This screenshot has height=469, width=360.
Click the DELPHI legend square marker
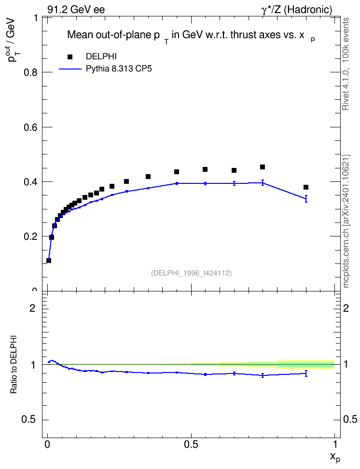coord(70,57)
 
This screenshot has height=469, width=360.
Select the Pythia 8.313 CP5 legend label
coord(119,69)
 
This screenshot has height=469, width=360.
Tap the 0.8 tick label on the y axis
coord(30,72)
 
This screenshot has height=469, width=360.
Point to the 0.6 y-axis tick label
coord(30,127)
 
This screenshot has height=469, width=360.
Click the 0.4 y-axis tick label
coord(30,182)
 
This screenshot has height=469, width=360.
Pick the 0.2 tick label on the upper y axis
coord(30,236)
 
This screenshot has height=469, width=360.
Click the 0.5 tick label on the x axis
coord(191,444)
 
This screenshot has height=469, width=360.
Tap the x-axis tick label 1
coord(335,444)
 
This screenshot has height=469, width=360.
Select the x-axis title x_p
coord(335,457)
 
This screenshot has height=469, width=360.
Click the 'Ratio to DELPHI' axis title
coord(14,364)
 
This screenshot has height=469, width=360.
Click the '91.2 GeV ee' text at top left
coord(76,10)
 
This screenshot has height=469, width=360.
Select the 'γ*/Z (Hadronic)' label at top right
coord(297,10)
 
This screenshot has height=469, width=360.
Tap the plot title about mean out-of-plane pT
coord(191,36)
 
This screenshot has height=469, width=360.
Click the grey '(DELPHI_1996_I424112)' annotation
coord(191,273)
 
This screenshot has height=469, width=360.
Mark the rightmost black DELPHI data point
coord(306,187)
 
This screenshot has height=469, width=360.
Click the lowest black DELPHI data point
coord(49,261)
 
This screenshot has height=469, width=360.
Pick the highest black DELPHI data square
coord(263,167)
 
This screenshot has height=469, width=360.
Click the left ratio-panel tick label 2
coord(32,308)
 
